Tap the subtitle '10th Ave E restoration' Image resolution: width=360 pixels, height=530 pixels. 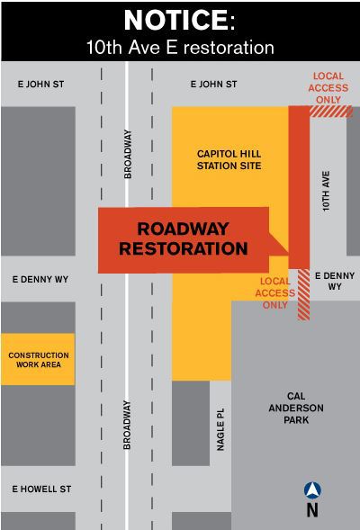tap(180, 46)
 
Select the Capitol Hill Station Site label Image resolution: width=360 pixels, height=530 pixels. tap(229, 160)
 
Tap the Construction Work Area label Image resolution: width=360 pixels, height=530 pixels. tap(39, 361)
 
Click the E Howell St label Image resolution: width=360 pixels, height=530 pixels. tap(41, 489)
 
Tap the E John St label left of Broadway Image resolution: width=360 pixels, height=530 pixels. tap(40, 84)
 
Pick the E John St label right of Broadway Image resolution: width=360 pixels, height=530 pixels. tap(214, 84)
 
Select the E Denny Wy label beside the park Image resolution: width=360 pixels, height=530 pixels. tap(335, 281)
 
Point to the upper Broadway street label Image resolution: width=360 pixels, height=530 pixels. tap(128, 154)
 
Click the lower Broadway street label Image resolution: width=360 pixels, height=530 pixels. tap(128, 424)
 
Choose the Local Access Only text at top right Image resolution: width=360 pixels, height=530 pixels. tap(328, 87)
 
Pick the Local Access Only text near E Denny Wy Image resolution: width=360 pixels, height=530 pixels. tap(272, 292)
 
